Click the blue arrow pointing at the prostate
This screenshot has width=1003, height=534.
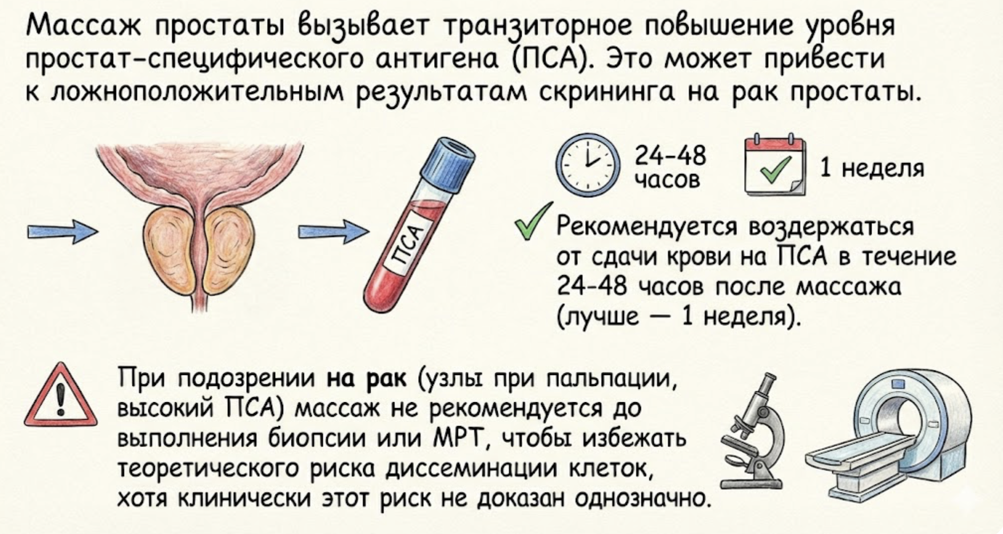coord(62,232)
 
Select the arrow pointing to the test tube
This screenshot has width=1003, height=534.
coord(333,232)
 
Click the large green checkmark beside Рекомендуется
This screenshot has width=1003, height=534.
coord(534,221)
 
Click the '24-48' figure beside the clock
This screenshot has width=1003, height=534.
coord(670,156)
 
